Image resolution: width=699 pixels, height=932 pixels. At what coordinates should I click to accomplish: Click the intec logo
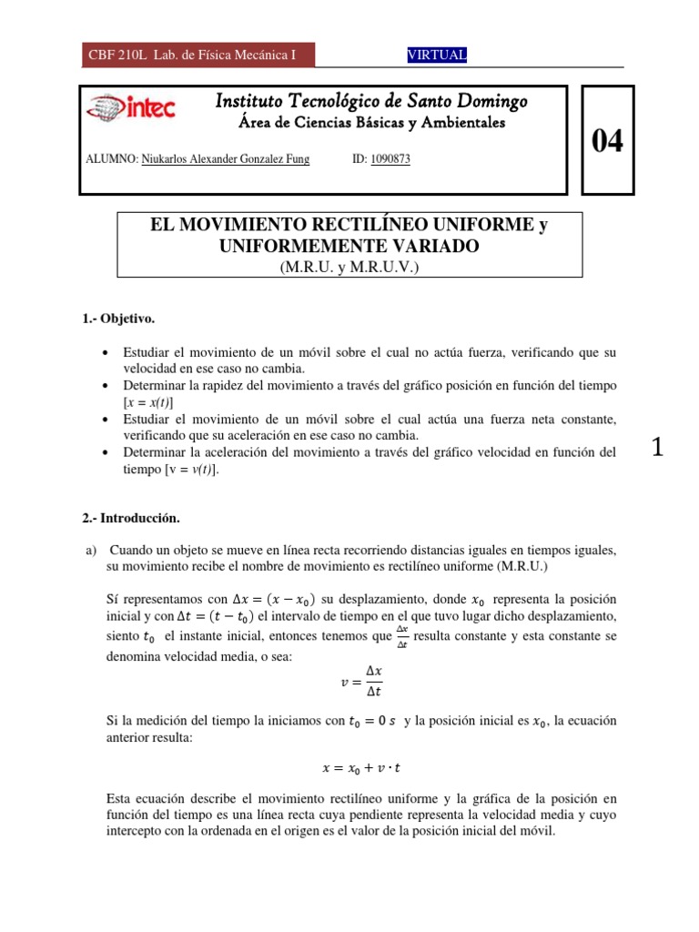(x=130, y=109)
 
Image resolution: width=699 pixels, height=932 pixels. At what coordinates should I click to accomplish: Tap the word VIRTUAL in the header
(x=437, y=56)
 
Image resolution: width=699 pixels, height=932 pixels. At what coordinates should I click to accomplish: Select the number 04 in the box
(x=608, y=141)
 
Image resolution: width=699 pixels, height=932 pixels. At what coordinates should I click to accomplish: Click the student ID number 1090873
(x=391, y=159)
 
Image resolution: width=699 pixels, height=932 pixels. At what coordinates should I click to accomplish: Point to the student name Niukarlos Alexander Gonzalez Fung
(x=226, y=159)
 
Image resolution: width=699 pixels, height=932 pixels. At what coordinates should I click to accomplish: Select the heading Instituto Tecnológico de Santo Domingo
(x=370, y=101)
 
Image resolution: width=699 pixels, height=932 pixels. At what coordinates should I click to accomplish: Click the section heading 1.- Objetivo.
(x=119, y=319)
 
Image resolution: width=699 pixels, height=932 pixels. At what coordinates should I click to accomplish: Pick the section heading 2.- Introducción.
(x=131, y=519)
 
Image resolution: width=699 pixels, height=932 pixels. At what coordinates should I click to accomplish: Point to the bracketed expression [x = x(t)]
(x=148, y=401)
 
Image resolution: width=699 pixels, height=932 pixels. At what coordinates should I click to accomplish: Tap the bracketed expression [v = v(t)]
(x=192, y=470)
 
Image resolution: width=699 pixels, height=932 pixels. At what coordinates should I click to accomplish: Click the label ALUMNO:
(x=111, y=159)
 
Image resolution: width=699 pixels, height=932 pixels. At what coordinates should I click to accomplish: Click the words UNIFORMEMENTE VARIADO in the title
(x=349, y=246)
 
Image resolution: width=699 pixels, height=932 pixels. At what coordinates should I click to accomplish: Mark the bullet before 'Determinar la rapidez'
(x=108, y=385)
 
